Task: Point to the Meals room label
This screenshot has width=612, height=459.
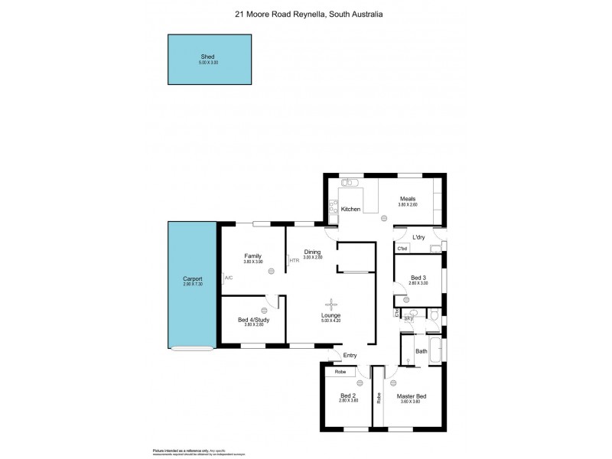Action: [x=407, y=199]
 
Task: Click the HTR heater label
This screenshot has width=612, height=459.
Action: [x=294, y=261]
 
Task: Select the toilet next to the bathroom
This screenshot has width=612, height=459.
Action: [x=433, y=314]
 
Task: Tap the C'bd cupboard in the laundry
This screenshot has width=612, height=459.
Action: [x=402, y=249]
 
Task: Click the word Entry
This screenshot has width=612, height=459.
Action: [x=350, y=355]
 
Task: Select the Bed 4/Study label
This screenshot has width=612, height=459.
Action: [x=252, y=319]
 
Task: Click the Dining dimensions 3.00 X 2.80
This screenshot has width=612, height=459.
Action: [x=311, y=258]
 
